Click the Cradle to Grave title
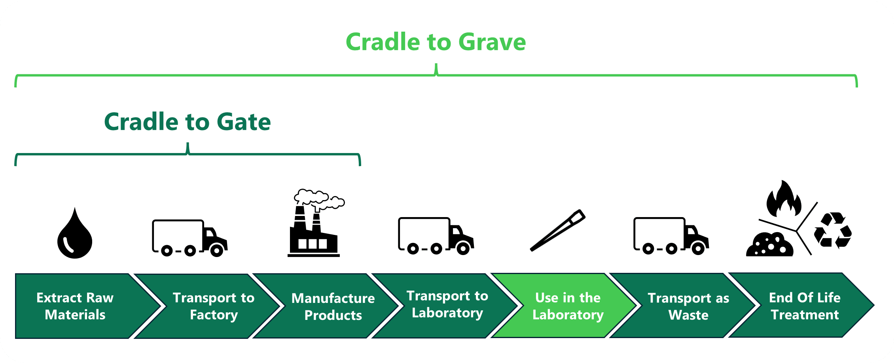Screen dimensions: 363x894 (436, 42)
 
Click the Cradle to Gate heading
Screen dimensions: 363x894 (187, 121)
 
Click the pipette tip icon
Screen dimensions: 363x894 (557, 231)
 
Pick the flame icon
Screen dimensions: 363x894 (783, 199)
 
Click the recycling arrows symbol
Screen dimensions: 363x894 (832, 231)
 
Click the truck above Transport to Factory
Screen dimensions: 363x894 (189, 238)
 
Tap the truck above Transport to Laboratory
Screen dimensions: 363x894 (436, 236)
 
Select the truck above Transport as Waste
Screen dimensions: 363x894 (671, 236)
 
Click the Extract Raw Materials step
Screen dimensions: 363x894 (75, 306)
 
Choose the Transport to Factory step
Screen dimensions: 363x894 (214, 306)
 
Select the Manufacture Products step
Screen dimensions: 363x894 (333, 306)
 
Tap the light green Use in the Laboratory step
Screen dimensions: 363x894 (568, 306)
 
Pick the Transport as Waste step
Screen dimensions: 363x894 (688, 306)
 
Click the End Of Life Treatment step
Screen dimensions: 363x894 (805, 306)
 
